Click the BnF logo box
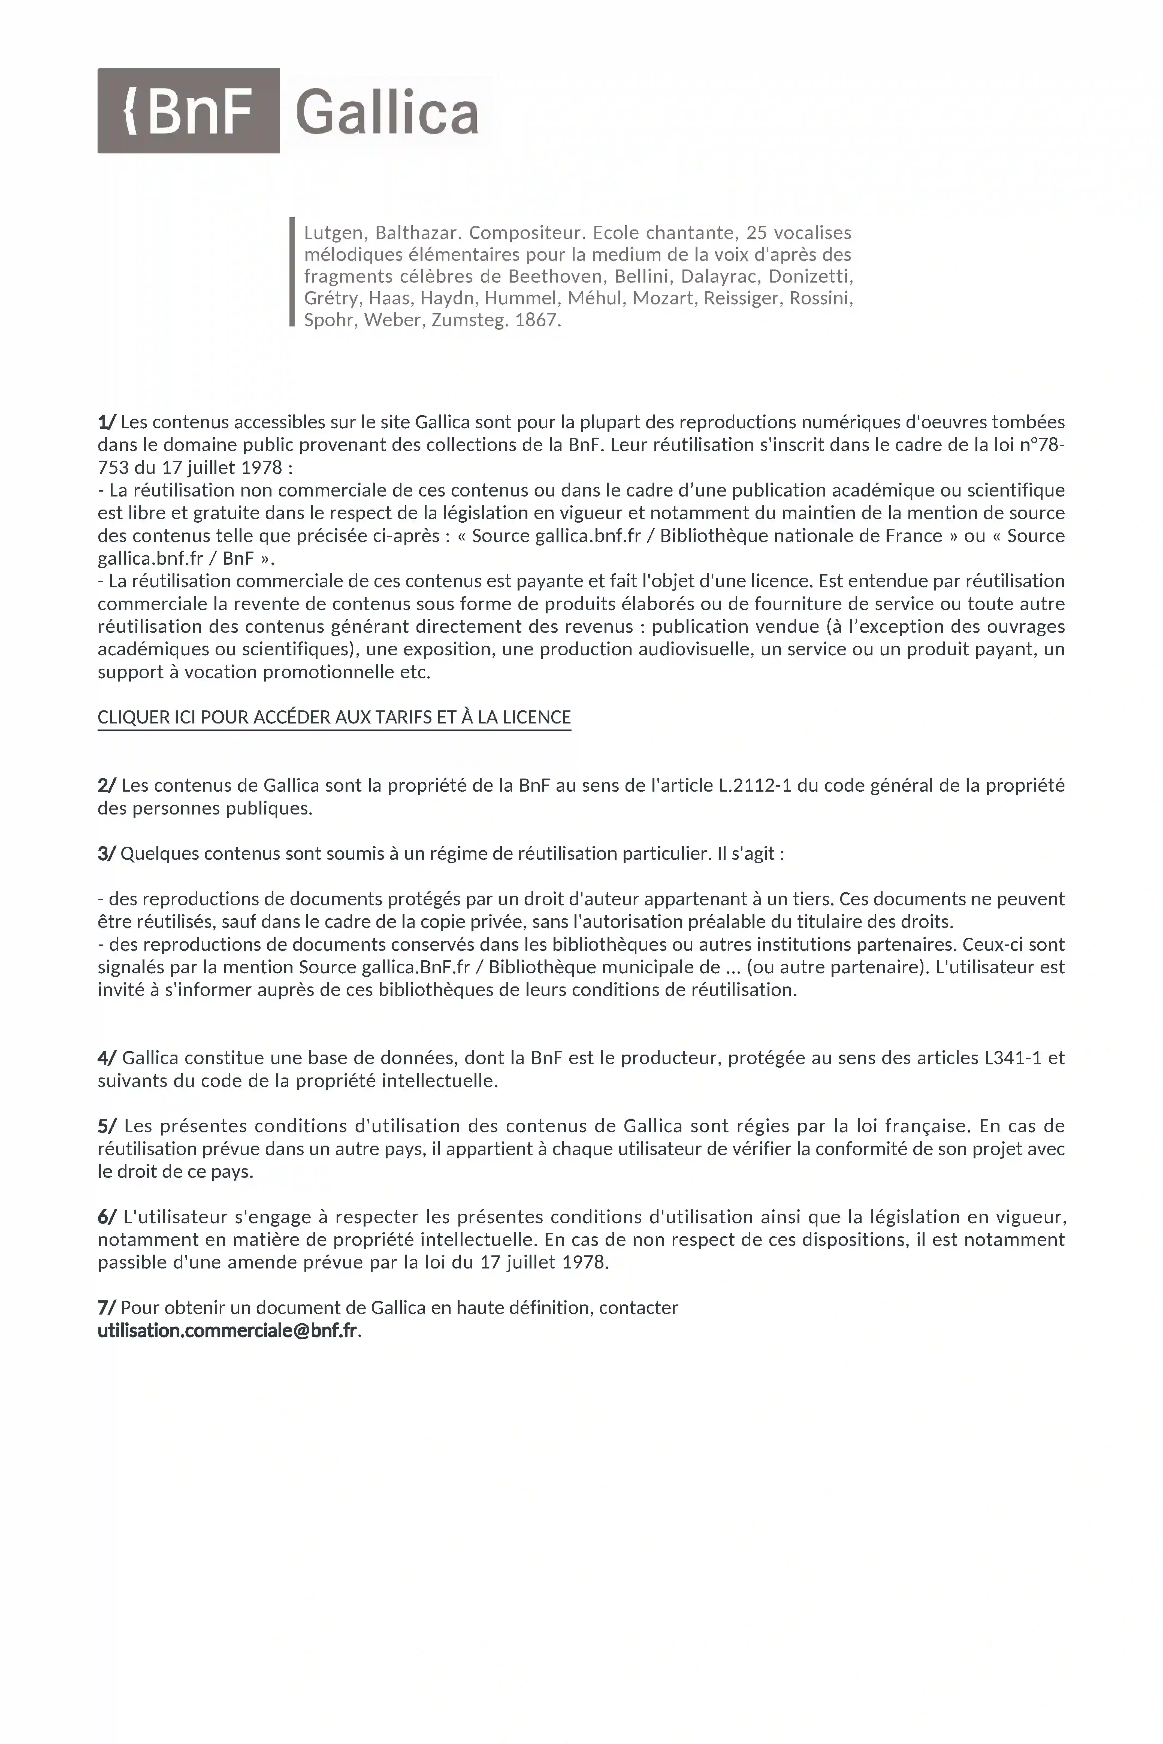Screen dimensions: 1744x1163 (188, 110)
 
